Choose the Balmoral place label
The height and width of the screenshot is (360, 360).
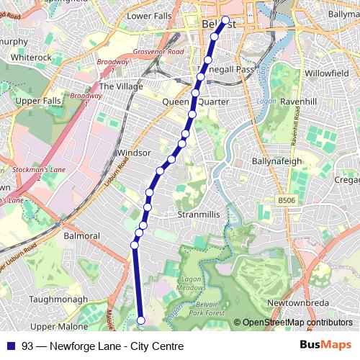[81, 235]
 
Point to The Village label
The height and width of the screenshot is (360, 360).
[117, 86]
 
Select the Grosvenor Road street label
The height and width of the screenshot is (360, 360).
[158, 53]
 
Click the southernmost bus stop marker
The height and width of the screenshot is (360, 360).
[141, 320]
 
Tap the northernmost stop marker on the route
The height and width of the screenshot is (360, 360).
[225, 21]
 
